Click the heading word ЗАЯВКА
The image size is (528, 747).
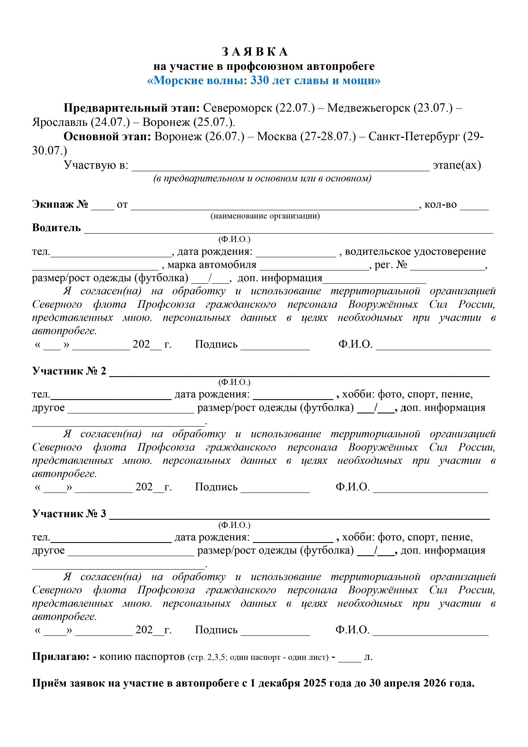point(255,52)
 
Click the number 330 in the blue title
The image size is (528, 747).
point(260,80)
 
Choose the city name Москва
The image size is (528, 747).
point(277,136)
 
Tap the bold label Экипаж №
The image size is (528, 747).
point(60,204)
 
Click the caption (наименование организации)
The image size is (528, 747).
point(265,216)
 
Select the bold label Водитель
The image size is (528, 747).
point(56,228)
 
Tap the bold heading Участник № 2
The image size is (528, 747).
point(69,371)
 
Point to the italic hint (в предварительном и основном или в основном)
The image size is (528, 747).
point(262,179)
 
